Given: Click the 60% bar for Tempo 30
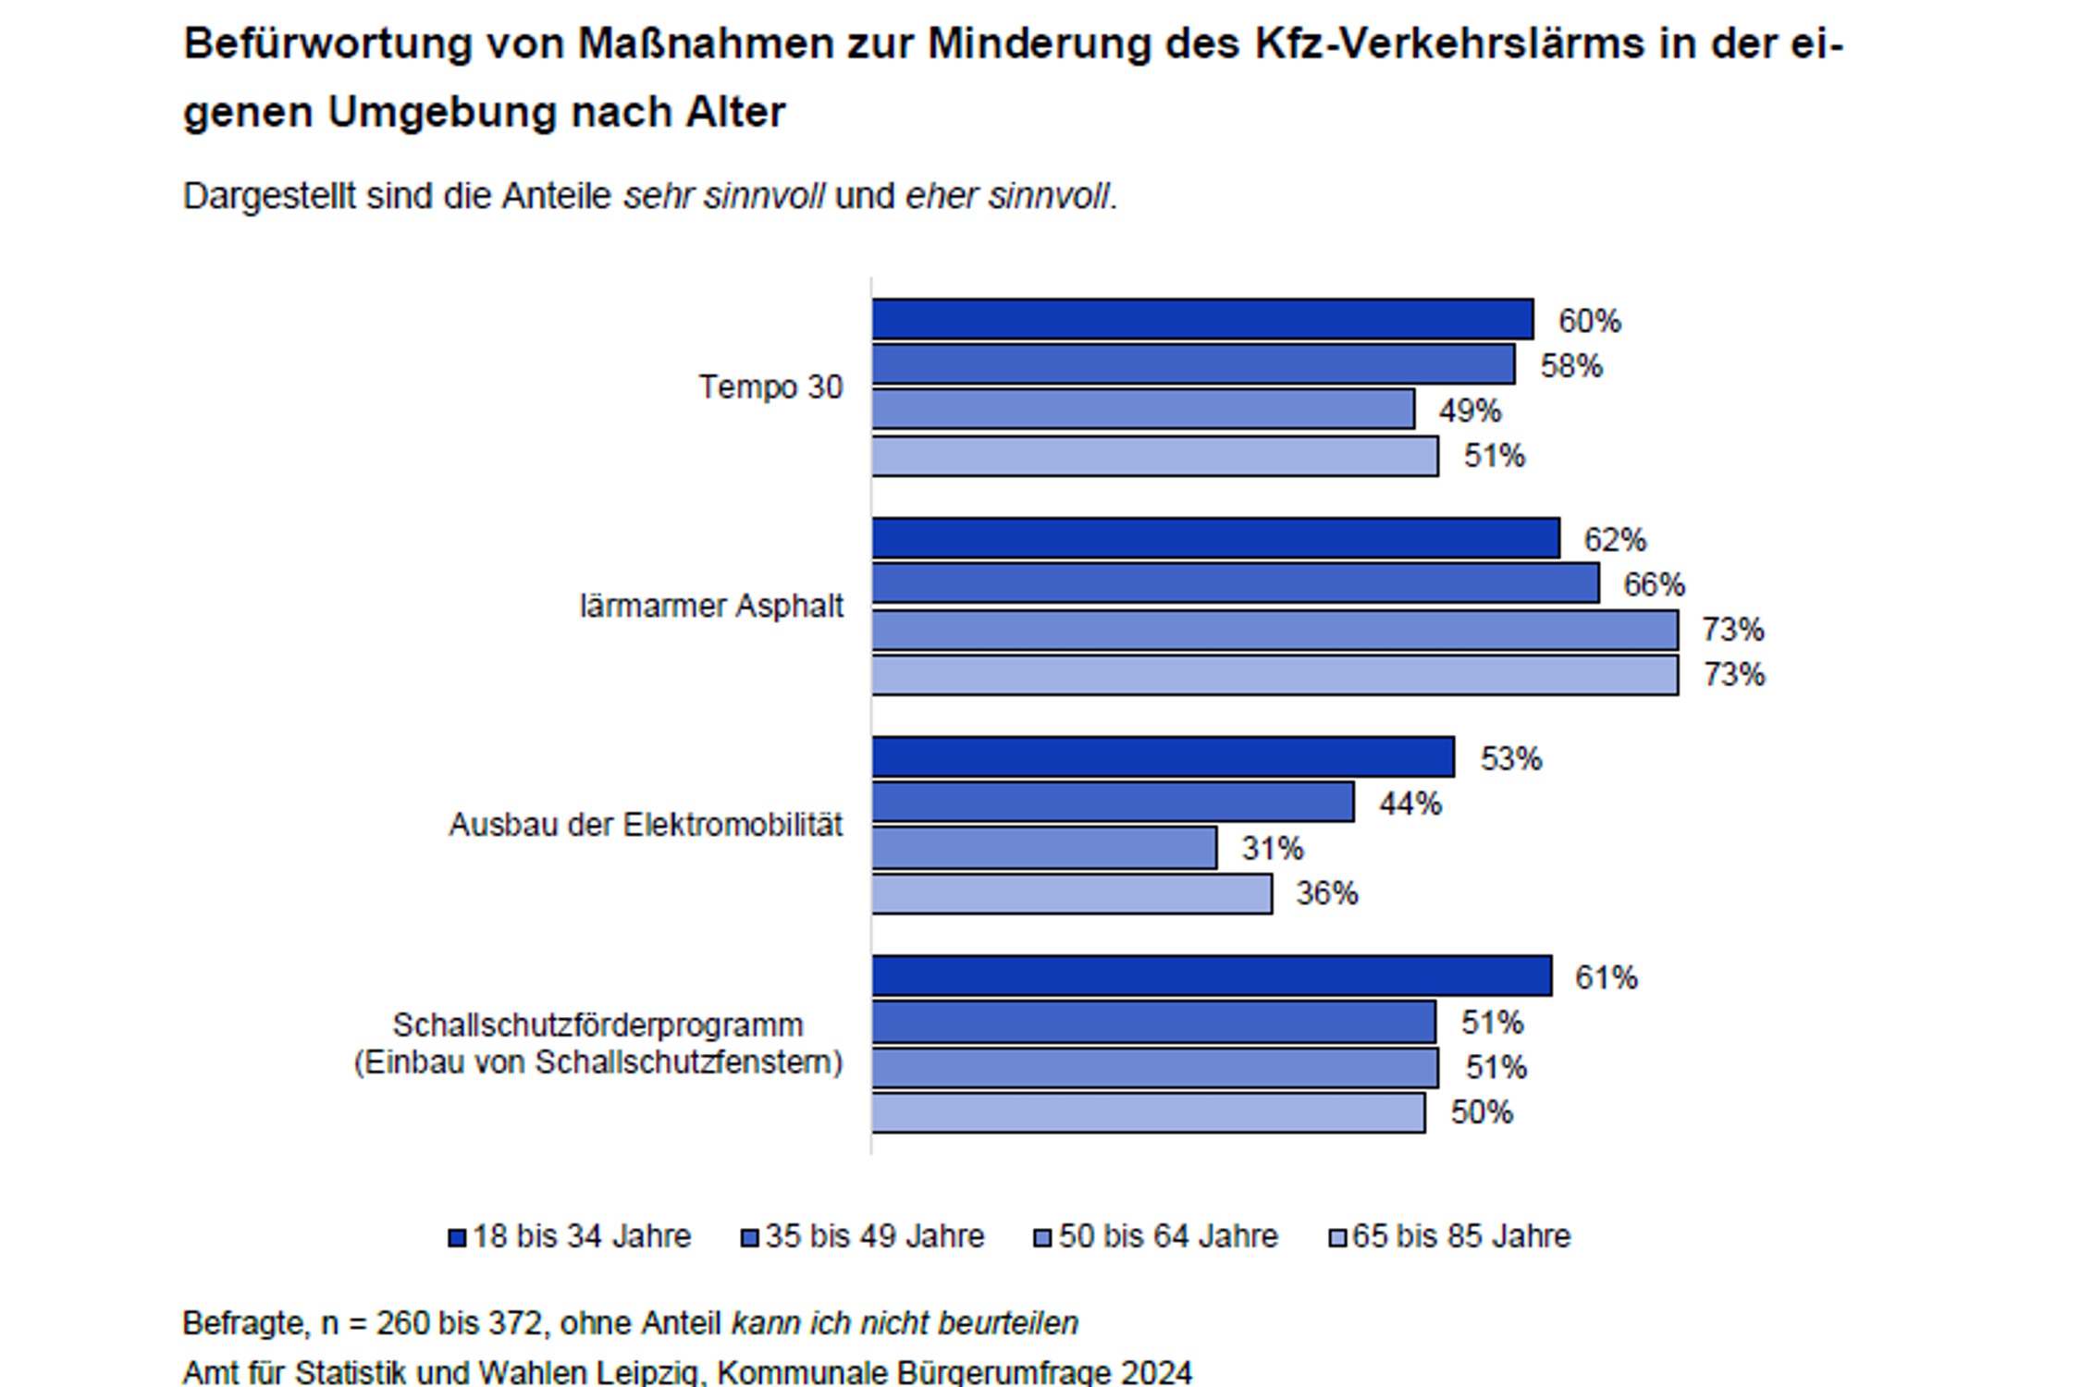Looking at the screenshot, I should coord(1202,319).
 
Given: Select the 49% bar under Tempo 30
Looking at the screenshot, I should coord(1143,409).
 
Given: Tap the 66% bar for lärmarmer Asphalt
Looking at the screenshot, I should coord(1236,583).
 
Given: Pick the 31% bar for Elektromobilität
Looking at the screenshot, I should coord(1044,848).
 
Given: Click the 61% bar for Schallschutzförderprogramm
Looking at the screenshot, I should coord(1212,976).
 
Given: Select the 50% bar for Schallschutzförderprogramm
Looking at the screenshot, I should coord(1148,1112).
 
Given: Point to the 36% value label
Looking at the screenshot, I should coord(1326,893).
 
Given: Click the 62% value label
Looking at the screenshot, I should coord(1614,539).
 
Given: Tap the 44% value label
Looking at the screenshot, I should coord(1410,804).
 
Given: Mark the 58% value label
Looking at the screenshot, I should coord(1570,366).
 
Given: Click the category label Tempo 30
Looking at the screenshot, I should coord(770,387).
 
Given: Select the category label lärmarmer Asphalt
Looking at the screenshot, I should coord(711,606).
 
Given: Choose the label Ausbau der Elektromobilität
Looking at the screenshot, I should coord(646,825).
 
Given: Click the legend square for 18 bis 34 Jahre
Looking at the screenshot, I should coord(457,1238).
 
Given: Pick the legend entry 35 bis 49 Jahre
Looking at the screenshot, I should coord(874,1236).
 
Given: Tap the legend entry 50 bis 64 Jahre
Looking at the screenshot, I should coord(1167,1236).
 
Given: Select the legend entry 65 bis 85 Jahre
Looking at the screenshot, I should coord(1460,1236).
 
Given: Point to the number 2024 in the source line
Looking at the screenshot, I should coord(1155,1372).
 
